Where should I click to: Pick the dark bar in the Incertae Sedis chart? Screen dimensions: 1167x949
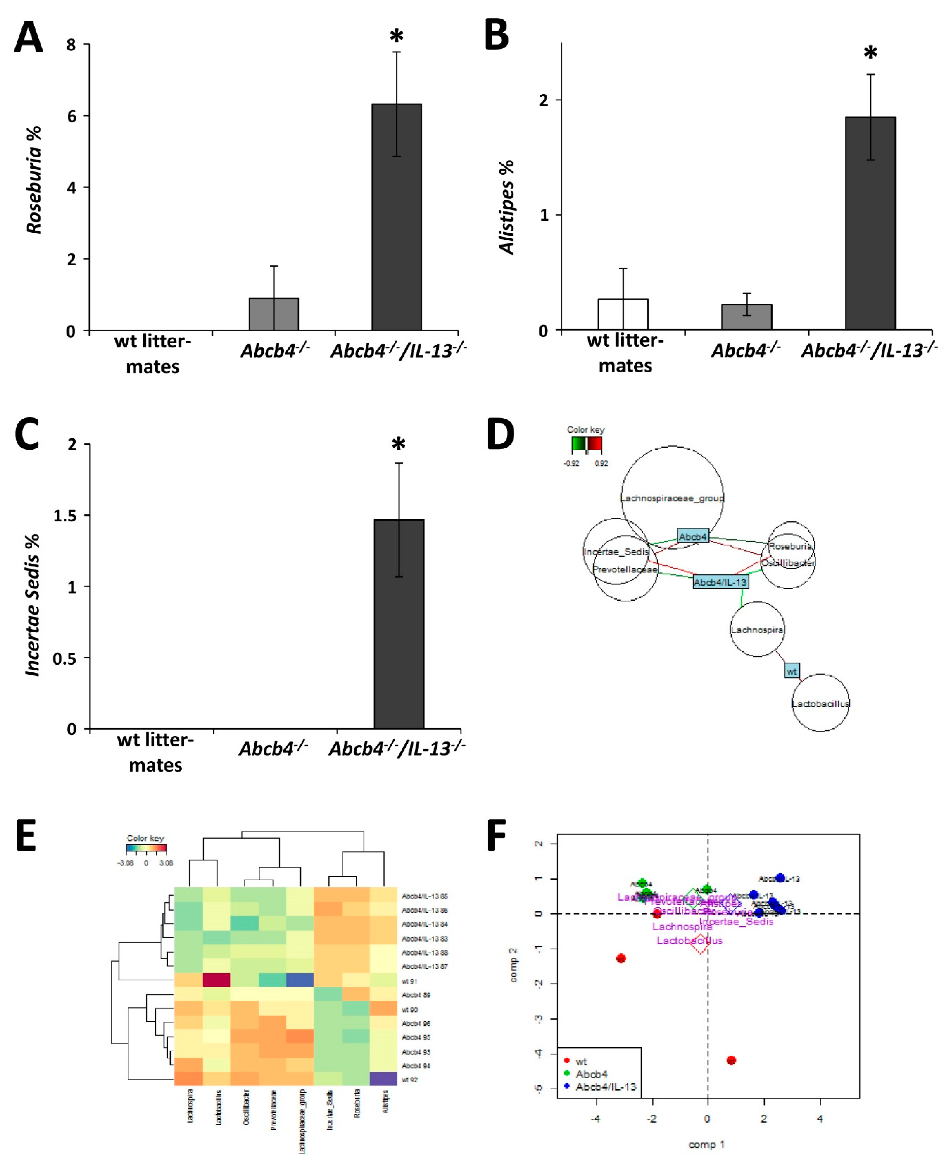point(398,623)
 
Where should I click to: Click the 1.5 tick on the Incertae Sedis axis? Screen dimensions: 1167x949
point(65,515)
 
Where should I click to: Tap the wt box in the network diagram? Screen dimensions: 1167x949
point(792,670)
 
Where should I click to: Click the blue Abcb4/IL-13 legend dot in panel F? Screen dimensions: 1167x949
point(567,1086)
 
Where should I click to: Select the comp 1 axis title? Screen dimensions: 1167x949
point(706,1144)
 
